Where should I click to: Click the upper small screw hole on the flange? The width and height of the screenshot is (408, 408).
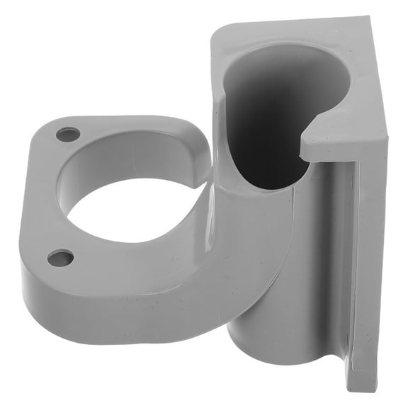(x=68, y=134)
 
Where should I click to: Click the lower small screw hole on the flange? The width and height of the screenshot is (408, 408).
(x=61, y=257)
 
